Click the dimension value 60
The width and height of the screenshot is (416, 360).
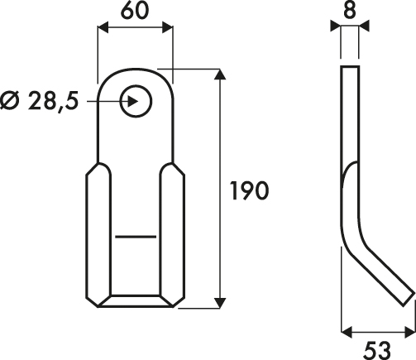(x=135, y=12)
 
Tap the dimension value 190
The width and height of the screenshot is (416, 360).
(x=249, y=190)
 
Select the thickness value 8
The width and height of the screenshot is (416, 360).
(x=350, y=11)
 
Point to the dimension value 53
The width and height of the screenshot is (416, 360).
(x=377, y=350)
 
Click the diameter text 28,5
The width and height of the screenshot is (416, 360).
(x=53, y=101)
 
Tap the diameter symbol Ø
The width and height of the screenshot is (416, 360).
(x=11, y=101)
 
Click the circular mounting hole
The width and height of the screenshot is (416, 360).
(x=136, y=102)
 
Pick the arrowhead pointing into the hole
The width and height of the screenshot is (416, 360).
(x=132, y=102)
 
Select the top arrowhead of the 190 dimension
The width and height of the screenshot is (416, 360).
(x=220, y=74)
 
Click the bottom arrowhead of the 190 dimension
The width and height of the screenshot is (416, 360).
(x=220, y=303)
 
